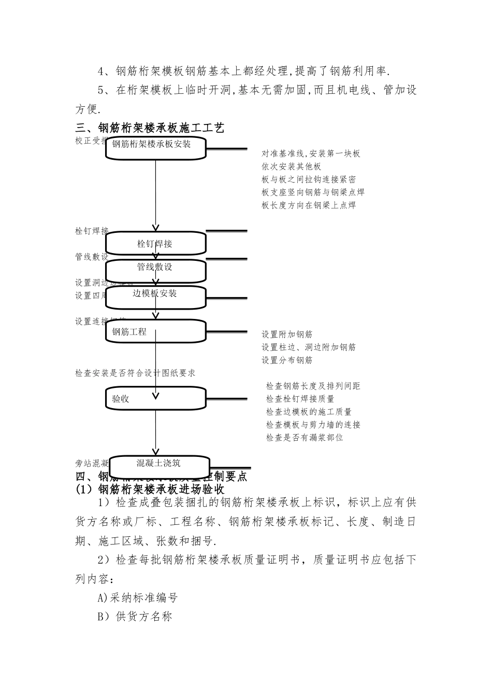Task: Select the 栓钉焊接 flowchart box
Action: coord(156,243)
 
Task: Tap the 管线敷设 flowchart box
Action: coord(156,270)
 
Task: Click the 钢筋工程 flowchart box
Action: coord(156,332)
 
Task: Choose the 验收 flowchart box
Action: coord(156,399)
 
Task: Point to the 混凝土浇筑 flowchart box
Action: coord(158,463)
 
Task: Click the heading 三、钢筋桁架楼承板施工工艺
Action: coord(150,128)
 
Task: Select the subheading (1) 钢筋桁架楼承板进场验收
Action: coord(150,489)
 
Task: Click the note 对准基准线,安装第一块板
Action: coord(311,154)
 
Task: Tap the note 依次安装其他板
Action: coord(291,166)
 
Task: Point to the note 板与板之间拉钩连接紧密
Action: coord(308,179)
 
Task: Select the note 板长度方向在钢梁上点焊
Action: coord(308,205)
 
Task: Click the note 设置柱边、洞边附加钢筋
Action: coord(308,347)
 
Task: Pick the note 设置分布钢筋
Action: coord(286,360)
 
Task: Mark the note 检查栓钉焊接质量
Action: coord(300,399)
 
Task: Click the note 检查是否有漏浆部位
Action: coord(304,437)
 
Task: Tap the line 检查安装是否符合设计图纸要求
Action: coord(135,373)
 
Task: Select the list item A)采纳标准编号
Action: coord(138,597)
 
